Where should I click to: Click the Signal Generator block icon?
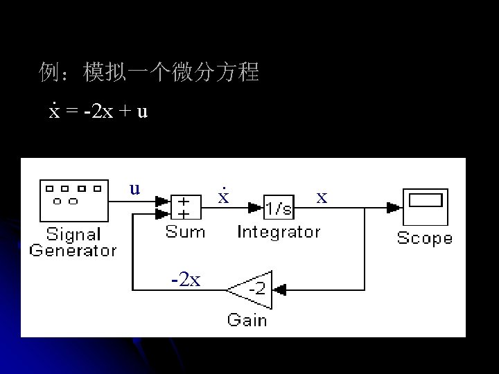point(73,198)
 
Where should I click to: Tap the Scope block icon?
point(425,206)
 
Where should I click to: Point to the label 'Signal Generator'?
point(73,242)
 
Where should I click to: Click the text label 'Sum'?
point(185,232)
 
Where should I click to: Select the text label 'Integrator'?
point(279,232)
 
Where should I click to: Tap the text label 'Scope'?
point(424,239)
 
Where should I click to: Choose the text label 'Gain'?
point(247,320)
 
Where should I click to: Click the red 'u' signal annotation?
point(135,188)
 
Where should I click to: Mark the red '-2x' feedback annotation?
point(186,279)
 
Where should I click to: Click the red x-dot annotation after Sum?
point(223,196)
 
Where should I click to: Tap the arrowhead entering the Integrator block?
point(259,206)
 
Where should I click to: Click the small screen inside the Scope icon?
point(426,200)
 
